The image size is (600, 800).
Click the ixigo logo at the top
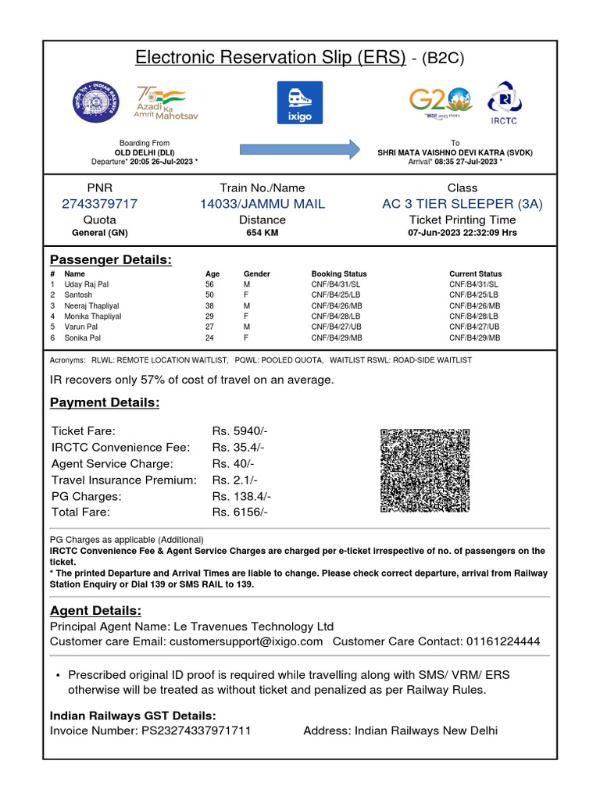(300, 102)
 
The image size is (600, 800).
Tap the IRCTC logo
(503, 102)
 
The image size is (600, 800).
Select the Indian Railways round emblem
(98, 102)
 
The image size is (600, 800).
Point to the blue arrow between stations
(299, 148)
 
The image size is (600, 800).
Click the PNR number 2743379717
(99, 204)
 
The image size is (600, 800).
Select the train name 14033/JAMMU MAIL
(262, 204)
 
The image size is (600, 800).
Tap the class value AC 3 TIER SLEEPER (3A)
(462, 204)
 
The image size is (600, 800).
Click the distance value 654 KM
(262, 233)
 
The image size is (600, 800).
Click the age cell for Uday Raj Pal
(209, 285)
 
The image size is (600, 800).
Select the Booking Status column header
(339, 274)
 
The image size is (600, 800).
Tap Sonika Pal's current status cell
(474, 338)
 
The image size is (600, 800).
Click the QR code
(424, 470)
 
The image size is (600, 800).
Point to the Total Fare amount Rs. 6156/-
(240, 512)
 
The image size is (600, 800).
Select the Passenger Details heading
(111, 259)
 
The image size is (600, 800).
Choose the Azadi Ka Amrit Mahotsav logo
(166, 102)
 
